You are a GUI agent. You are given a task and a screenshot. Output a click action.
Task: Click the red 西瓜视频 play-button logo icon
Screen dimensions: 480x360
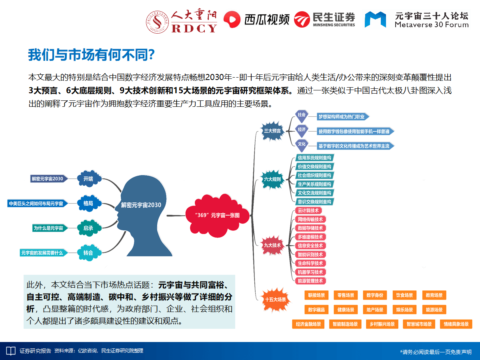click(x=232, y=20)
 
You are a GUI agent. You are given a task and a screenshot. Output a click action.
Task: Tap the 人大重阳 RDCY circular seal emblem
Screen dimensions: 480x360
click(x=157, y=22)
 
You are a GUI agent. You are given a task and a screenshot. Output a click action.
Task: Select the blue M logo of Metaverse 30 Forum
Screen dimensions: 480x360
click(x=375, y=20)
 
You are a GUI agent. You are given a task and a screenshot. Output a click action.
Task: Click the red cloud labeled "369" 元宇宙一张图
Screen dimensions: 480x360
click(x=217, y=215)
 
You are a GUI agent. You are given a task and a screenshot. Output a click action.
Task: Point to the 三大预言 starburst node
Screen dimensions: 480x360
click(x=272, y=131)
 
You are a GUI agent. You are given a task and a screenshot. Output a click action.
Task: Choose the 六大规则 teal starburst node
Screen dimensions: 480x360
click(x=272, y=180)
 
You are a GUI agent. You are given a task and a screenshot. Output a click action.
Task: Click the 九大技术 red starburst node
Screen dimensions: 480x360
click(x=272, y=245)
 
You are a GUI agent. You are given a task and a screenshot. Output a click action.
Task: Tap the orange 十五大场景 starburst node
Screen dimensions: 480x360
click(x=275, y=300)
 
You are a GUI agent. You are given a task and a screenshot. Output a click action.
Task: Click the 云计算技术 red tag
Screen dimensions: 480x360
click(x=308, y=210)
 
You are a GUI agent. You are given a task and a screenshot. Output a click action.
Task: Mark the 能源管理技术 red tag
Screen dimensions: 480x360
click(x=310, y=281)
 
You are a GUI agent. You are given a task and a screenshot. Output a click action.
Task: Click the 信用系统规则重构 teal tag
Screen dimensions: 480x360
click(x=314, y=158)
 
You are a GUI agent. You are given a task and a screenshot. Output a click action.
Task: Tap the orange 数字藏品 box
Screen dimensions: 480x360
click(x=316, y=310)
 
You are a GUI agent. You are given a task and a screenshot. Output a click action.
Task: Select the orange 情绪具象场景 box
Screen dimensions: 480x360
click(x=456, y=324)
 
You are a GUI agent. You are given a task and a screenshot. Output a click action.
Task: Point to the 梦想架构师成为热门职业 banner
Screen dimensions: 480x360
click(x=343, y=117)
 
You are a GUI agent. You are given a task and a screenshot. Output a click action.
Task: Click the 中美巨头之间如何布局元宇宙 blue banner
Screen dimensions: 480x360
click(x=37, y=204)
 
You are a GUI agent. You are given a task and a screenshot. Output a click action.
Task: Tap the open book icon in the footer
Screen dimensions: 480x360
click(x=10, y=351)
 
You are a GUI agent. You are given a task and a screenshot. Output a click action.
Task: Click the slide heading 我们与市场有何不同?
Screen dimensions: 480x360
click(x=92, y=55)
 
